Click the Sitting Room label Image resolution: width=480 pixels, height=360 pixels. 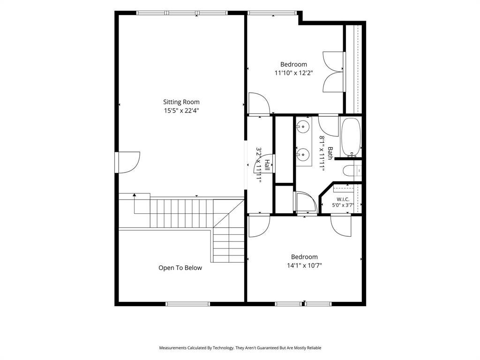pyautogui.click(x=181, y=102)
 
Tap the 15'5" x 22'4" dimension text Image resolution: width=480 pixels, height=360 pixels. pyautogui.click(x=181, y=111)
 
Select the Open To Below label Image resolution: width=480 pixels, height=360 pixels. pyautogui.click(x=180, y=268)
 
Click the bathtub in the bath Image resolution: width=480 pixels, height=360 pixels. pyautogui.click(x=351, y=137)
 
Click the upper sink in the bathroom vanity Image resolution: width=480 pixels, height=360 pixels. pyautogui.click(x=303, y=126)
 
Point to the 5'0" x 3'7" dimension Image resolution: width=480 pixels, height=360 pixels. pyautogui.click(x=343, y=205)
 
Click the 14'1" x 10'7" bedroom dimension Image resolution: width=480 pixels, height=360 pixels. pyautogui.click(x=304, y=265)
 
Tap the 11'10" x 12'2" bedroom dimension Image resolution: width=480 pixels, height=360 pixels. pyautogui.click(x=293, y=73)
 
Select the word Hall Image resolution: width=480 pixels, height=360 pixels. pyautogui.click(x=267, y=165)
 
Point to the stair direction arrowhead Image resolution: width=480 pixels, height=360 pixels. pyautogui.click(x=134, y=195)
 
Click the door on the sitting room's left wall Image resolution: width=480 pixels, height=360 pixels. pyautogui.click(x=127, y=162)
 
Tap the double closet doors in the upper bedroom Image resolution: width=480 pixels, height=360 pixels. pyautogui.click(x=334, y=72)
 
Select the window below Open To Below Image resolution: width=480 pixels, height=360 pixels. pyautogui.click(x=187, y=304)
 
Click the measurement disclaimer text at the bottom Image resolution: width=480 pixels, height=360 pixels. pyautogui.click(x=240, y=348)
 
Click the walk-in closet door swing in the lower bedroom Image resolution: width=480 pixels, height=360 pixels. pyautogui.click(x=341, y=226)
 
